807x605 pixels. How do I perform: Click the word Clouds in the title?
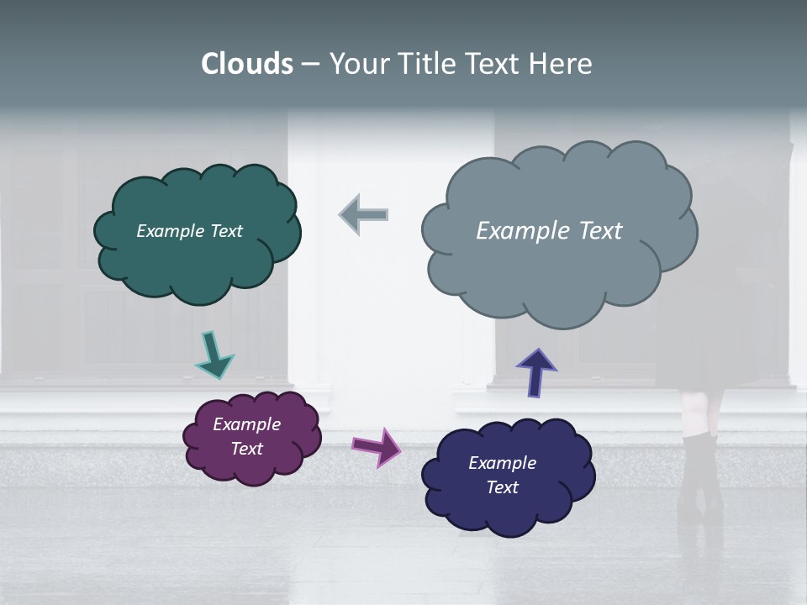click(246, 64)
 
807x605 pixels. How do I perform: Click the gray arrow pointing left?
click(363, 214)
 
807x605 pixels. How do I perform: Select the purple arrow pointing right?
click(377, 446)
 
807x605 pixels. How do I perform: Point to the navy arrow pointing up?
click(535, 372)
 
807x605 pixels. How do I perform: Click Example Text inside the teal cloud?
click(189, 231)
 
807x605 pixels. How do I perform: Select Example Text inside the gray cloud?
click(549, 231)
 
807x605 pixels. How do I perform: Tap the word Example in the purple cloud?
click(246, 424)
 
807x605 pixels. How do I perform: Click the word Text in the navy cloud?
click(502, 487)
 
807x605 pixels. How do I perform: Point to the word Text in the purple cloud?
click(246, 449)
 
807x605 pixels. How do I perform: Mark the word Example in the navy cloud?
click(502, 463)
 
